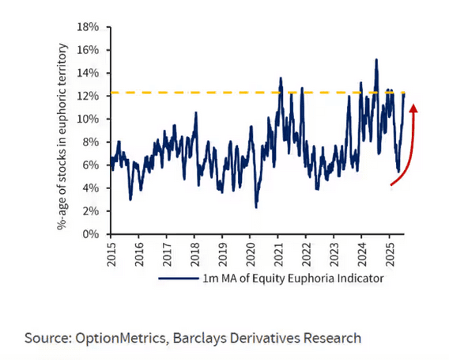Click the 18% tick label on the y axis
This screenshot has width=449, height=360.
(89, 26)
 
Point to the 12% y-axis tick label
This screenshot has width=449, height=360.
(89, 96)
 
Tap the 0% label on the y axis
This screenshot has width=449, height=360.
(92, 234)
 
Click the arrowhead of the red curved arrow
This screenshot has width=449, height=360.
(413, 108)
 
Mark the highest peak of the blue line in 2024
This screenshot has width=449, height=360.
(376, 59)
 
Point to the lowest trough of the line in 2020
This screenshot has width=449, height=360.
(256, 207)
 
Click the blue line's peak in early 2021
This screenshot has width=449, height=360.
(281, 78)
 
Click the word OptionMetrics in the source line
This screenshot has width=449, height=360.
(123, 338)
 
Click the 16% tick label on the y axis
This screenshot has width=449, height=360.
(89, 49)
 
